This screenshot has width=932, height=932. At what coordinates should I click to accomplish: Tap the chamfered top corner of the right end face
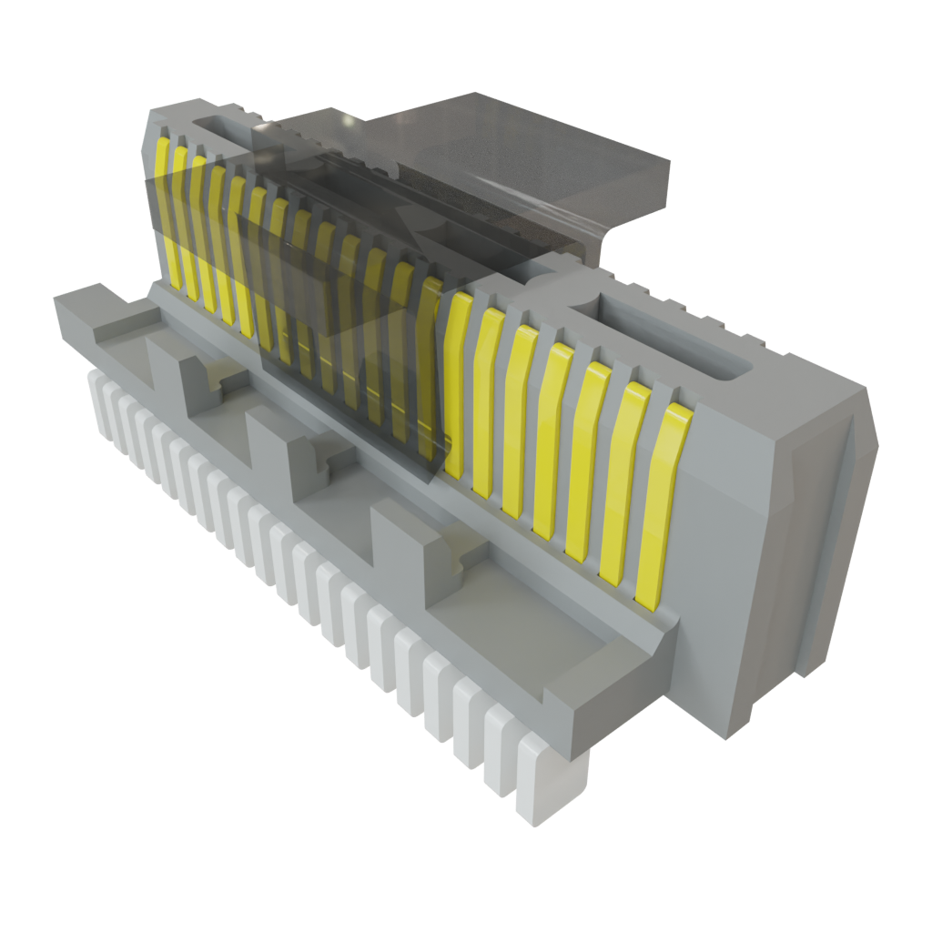(810, 410)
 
